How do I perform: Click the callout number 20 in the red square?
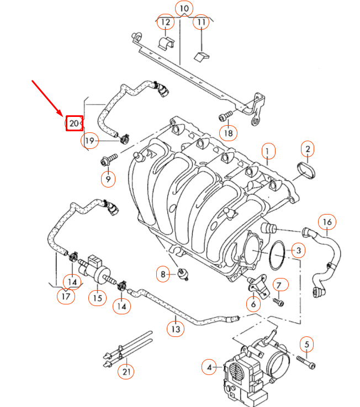(74, 124)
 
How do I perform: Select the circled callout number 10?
(184, 9)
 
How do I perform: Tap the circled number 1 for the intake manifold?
(268, 151)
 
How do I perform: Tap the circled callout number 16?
(327, 222)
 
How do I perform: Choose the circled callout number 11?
(201, 23)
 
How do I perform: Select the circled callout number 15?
(97, 298)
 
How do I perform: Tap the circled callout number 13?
(176, 329)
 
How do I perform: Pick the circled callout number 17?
(66, 297)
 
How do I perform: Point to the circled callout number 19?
(91, 141)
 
